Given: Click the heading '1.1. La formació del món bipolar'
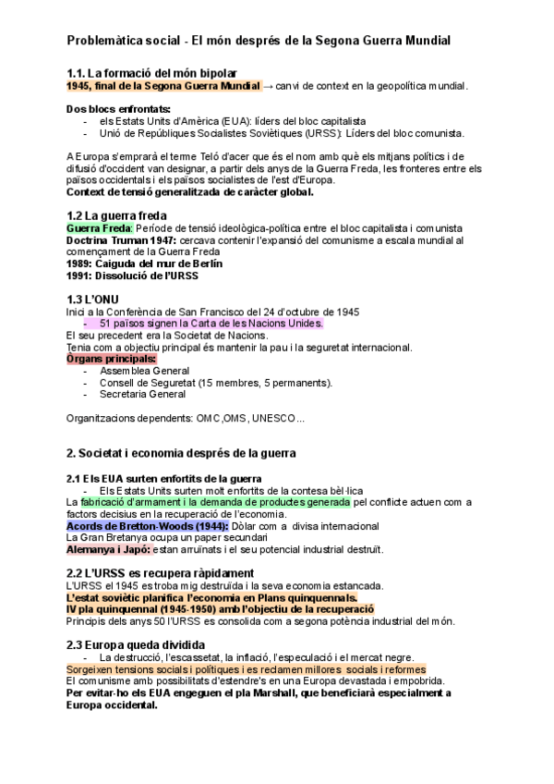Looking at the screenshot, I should (x=152, y=73).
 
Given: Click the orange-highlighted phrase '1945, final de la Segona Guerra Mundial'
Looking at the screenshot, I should (x=163, y=86).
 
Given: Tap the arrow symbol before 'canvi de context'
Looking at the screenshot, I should (x=269, y=86).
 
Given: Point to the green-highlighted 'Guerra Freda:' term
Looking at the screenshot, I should (x=101, y=227).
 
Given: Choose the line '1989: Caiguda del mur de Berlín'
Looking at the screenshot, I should (x=144, y=263).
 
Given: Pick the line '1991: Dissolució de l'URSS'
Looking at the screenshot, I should (x=132, y=276).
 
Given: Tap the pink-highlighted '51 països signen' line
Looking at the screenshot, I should (x=211, y=324).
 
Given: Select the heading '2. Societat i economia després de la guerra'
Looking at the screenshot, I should (x=181, y=453).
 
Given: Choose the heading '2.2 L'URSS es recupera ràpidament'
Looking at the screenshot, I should (x=161, y=573).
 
